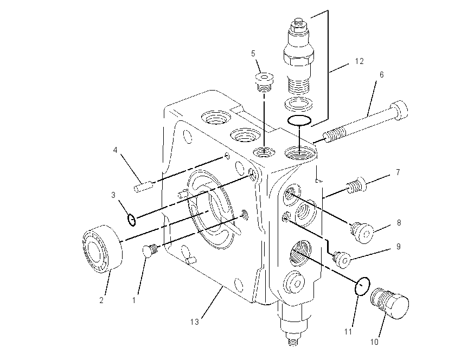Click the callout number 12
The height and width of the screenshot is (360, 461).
point(359,61)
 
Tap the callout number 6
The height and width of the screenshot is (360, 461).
point(382,75)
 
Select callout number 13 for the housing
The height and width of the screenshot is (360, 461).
point(195,322)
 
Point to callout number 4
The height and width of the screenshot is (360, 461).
point(115,150)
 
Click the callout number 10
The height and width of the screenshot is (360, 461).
point(374,342)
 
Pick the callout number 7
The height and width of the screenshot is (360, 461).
point(398,172)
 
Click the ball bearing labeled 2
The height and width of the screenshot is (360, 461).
point(102,249)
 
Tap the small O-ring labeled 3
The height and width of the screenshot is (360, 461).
point(132,220)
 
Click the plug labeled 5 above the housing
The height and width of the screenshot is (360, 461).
point(264,81)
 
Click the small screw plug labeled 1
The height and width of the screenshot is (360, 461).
point(151,250)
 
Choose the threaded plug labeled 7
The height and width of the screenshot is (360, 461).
point(355,185)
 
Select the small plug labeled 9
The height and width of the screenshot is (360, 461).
point(341,259)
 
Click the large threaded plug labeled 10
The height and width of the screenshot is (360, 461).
point(389,303)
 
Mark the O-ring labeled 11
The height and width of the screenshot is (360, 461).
point(362,286)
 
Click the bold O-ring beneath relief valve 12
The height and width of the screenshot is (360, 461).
point(299,120)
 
